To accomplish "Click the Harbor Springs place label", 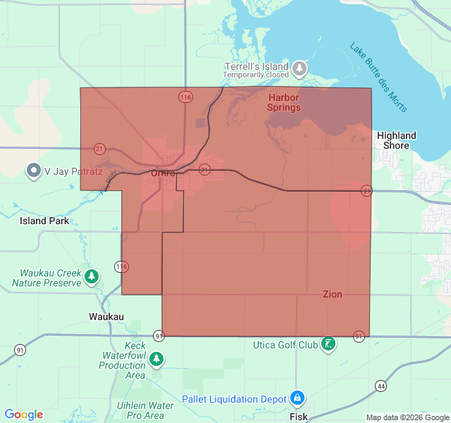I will click(283, 102).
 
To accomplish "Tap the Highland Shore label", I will click(396, 140).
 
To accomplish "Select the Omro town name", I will click(163, 173).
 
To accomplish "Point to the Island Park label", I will click(44, 221).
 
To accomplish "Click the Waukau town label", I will click(106, 317).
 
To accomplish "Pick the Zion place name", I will click(333, 294).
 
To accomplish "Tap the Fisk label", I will click(298, 417).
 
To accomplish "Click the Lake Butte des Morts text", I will click(378, 76).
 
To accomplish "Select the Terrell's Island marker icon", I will click(300, 68).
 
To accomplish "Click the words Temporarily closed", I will click(256, 75).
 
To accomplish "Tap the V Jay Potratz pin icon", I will click(33, 171).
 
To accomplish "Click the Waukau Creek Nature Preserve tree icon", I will click(91, 277).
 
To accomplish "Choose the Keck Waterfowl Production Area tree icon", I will click(156, 358).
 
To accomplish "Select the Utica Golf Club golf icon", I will click(328, 344).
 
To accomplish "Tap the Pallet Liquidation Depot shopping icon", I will click(297, 398).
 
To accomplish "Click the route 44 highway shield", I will click(381, 386).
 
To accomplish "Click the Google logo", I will click(24, 415).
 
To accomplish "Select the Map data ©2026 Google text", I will click(407, 417).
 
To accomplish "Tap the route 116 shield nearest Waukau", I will click(122, 266).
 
